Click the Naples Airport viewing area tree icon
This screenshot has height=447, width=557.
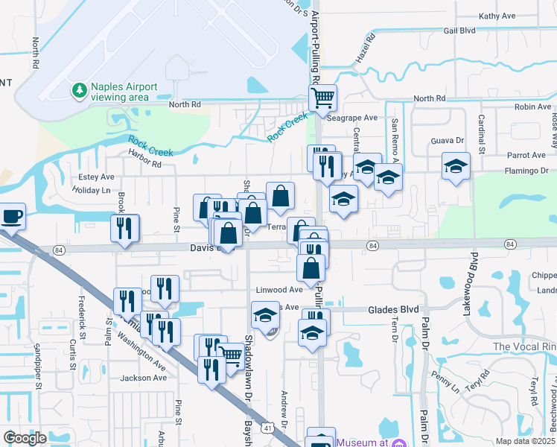pyautogui.click(x=79, y=90)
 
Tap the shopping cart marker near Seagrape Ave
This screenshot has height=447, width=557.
pyautogui.click(x=323, y=98)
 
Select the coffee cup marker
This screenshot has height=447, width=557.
pyautogui.click(x=12, y=216)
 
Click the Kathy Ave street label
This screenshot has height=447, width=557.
pyautogui.click(x=497, y=16)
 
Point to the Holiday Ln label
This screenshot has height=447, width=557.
pyautogui.click(x=90, y=190)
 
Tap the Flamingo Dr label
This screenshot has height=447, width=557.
pyautogui.click(x=525, y=171)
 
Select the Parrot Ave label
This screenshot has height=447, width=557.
pyautogui.click(x=526, y=155)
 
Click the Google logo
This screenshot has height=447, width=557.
pyautogui.click(x=25, y=438)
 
